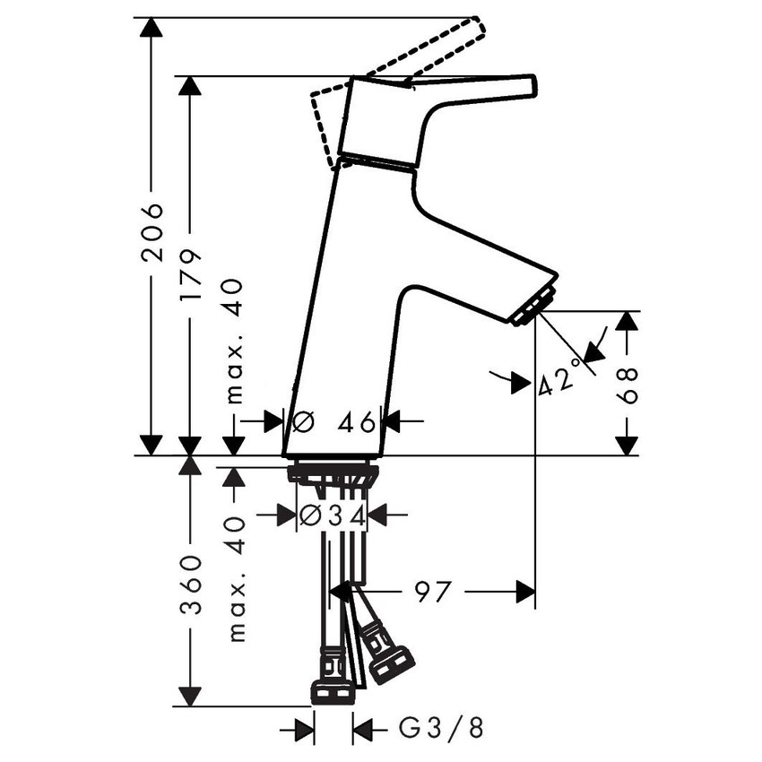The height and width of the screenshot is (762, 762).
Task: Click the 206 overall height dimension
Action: [152, 233]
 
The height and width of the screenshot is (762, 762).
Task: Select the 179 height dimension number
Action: [189, 275]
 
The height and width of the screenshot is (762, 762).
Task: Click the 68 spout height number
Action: [627, 385]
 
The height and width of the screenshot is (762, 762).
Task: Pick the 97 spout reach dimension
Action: [433, 592]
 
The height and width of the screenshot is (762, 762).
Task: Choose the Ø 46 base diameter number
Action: [334, 421]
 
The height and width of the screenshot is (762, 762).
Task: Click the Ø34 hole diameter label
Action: [333, 515]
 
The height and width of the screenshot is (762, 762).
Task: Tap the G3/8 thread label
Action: [441, 729]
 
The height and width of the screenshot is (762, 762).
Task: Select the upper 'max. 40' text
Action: [234, 342]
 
